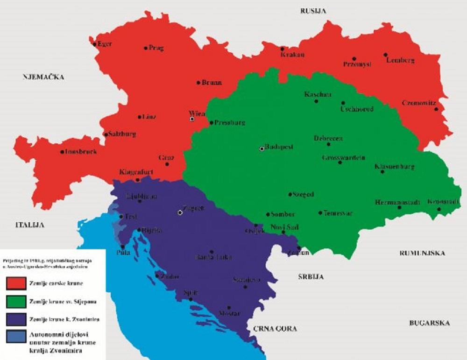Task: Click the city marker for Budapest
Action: (x=262, y=149)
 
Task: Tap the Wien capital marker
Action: (x=191, y=119)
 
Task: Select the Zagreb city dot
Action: (x=180, y=212)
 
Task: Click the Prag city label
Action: (x=156, y=48)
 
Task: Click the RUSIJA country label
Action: (x=313, y=10)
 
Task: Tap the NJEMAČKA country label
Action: (x=43, y=77)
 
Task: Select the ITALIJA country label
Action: (x=29, y=225)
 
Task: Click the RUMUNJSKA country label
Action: (x=422, y=253)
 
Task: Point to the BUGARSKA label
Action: (x=429, y=323)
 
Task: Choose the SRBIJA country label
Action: (x=311, y=277)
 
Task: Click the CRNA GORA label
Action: (x=275, y=329)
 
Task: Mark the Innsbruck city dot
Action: (x=62, y=152)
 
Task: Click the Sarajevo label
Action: (x=247, y=280)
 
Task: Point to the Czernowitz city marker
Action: (x=436, y=109)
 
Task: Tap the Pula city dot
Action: (x=122, y=247)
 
